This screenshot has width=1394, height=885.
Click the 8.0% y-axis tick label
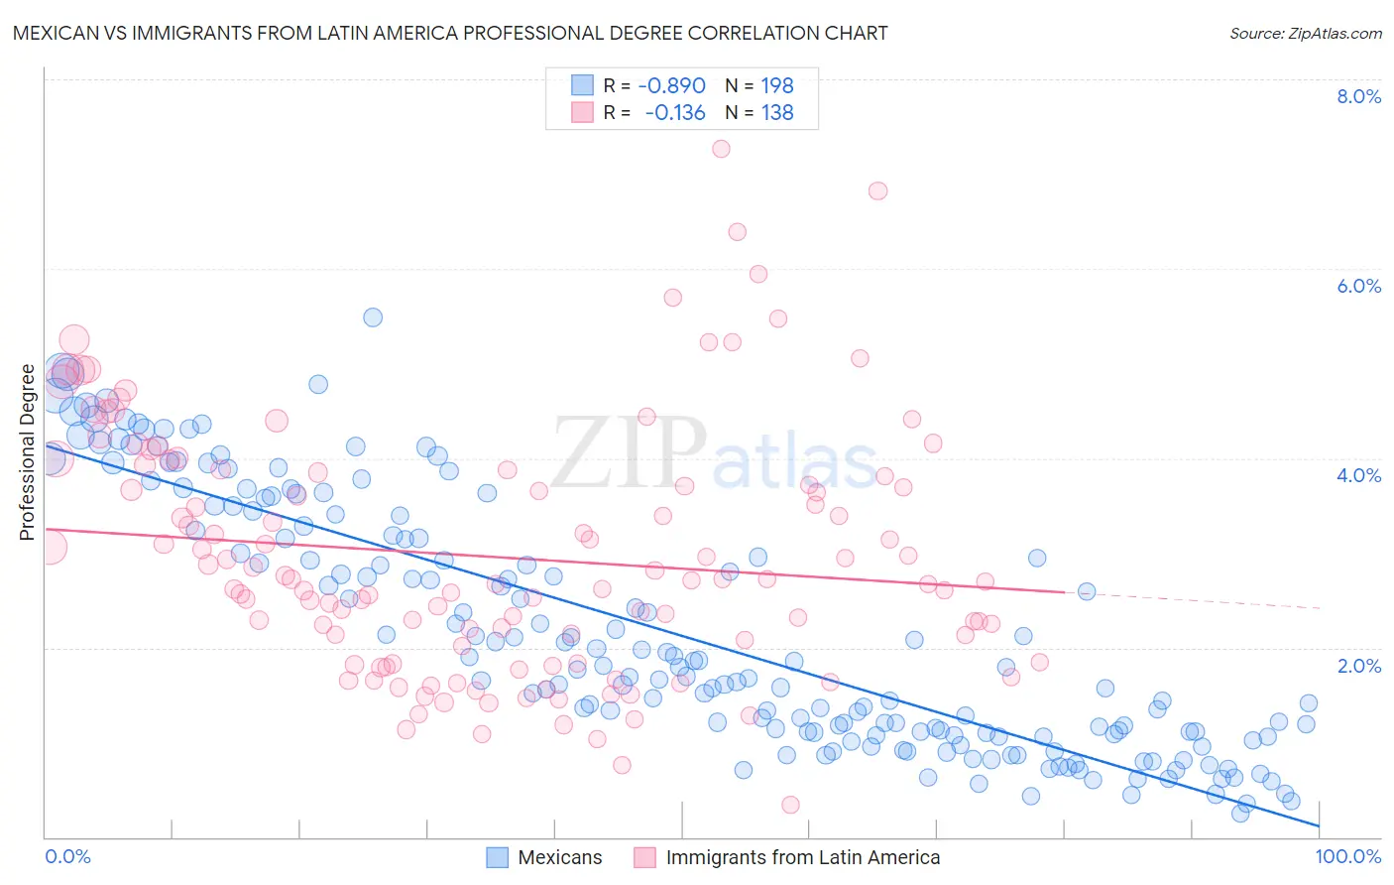coord(1358,96)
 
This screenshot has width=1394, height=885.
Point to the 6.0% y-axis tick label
coord(1358,286)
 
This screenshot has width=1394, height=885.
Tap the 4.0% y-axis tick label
coord(1358,475)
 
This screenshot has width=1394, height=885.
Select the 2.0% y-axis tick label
coord(1358,666)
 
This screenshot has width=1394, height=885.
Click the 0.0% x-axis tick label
coord(67,857)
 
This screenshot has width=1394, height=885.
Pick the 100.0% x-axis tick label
coord(1348,857)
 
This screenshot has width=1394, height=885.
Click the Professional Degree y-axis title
coord(27,452)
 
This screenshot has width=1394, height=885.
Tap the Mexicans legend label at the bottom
coord(560,858)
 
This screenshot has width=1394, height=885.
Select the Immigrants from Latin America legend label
coord(803,858)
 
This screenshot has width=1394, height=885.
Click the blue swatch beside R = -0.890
coord(582,85)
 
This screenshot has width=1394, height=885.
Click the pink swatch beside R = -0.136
coord(582,112)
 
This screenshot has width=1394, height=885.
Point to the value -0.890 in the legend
coord(671,85)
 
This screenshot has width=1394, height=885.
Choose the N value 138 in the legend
coord(777,112)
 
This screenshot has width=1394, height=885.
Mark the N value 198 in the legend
coord(777,85)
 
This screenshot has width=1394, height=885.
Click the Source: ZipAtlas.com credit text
coord(1305,33)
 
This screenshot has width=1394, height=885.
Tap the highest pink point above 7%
coord(721,149)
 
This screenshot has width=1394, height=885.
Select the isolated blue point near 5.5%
coord(373,317)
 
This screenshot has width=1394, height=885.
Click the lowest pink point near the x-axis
coord(790,805)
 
